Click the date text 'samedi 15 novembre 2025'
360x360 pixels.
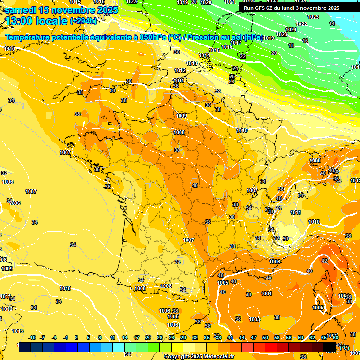(x=61, y=10)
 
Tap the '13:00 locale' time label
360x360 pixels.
(x=37, y=21)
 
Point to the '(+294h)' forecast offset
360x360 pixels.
(x=83, y=21)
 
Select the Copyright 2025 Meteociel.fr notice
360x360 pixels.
(x=199, y=356)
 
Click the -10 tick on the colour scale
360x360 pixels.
(x=32, y=337)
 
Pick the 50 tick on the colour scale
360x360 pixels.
(x=265, y=337)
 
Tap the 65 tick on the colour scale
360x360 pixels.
(x=323, y=337)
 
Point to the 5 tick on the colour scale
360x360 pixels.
(x=88, y=337)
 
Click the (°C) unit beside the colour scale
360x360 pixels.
(x=344, y=347)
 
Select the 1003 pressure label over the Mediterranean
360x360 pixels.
(x=255, y=319)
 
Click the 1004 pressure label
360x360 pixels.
(x=266, y=293)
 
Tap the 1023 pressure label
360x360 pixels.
(x=313, y=17)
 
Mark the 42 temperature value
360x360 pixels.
(x=324, y=261)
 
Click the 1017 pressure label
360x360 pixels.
(x=236, y=43)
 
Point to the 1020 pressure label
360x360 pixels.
(x=281, y=34)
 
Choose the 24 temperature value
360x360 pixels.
(x=235, y=68)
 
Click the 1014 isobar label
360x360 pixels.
(x=204, y=55)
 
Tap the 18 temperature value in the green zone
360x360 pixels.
(x=291, y=45)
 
